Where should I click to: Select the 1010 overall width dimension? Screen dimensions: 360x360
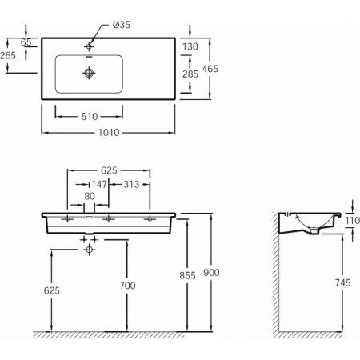108,133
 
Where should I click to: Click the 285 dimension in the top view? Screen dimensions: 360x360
190,74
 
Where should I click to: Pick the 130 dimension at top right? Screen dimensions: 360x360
190,46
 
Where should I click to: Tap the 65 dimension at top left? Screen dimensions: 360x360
26,41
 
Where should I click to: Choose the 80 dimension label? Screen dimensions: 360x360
90,195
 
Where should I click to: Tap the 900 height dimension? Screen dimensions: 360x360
211,273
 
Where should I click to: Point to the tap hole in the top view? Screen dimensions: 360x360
89,47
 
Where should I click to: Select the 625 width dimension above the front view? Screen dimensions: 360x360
109,171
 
